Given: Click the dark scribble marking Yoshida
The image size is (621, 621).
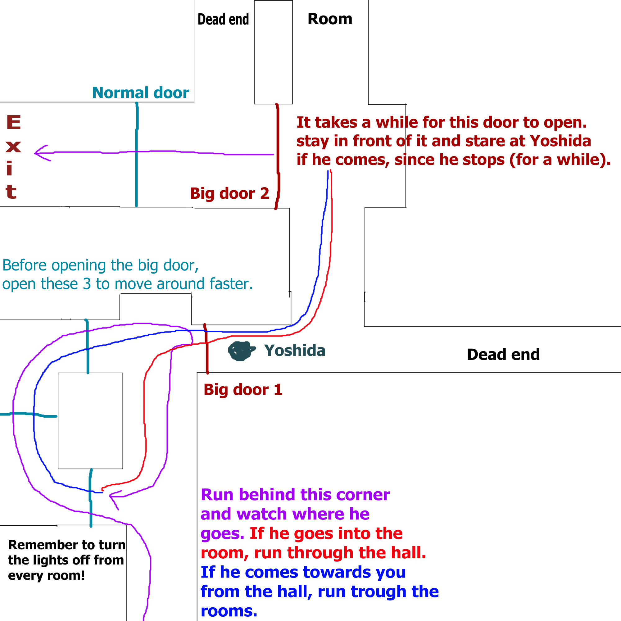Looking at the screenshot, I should (x=240, y=351).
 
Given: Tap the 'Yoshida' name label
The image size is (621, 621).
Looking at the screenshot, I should (x=295, y=351).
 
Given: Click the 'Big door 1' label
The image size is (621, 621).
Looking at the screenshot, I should (x=243, y=390).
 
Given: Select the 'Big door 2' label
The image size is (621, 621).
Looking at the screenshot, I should (x=229, y=193).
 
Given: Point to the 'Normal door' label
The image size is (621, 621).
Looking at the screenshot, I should (x=140, y=93).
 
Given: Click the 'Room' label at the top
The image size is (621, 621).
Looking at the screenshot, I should (x=330, y=19).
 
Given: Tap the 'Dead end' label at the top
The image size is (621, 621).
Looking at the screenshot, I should (x=223, y=19).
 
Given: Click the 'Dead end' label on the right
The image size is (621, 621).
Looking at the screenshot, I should (x=503, y=355).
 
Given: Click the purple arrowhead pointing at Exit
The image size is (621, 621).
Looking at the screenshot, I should (x=40, y=153).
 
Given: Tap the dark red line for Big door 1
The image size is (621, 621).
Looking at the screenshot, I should (x=207, y=350).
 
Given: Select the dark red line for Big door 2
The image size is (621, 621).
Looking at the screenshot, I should (x=278, y=154).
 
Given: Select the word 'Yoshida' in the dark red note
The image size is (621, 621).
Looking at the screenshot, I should (x=560, y=141).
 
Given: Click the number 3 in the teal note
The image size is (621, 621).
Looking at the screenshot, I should (x=87, y=284).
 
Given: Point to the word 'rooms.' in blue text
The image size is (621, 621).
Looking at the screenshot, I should (x=229, y=611).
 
